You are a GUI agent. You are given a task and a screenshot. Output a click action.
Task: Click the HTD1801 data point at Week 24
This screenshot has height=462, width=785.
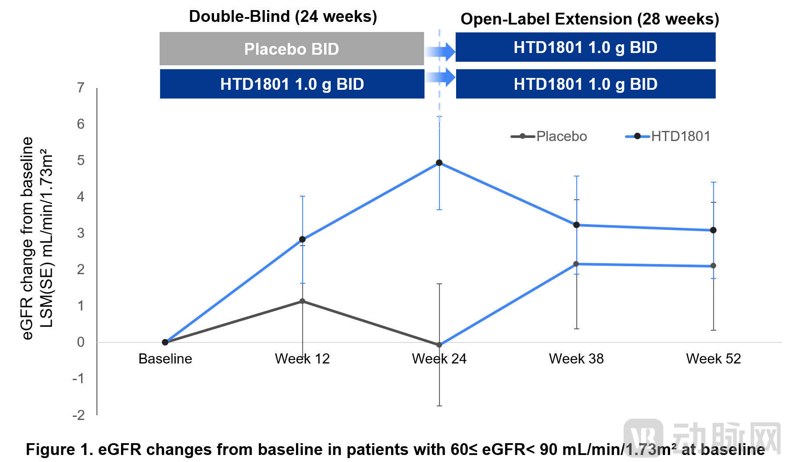pos(439,163)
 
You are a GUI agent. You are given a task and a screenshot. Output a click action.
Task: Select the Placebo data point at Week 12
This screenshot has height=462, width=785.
pos(302,301)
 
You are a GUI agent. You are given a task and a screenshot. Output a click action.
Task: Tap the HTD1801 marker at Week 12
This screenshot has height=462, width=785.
pos(302,240)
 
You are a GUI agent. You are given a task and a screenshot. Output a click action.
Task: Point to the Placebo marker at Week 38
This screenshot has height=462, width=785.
pos(576,264)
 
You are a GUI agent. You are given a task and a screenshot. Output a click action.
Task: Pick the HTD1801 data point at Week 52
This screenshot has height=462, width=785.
pos(713,230)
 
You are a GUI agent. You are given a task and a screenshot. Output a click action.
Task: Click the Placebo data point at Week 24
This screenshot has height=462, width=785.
pos(439,345)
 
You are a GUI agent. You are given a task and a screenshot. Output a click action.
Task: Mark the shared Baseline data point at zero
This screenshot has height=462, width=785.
pos(165,342)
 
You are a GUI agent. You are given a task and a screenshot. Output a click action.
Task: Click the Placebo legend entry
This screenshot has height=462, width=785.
pos(549,136)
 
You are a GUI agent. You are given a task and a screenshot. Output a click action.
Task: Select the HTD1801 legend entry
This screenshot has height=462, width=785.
pos(667,136)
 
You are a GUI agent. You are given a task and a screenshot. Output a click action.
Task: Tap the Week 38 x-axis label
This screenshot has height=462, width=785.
pos(576,359)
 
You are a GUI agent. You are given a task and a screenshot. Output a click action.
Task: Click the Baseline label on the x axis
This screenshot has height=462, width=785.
pos(165,359)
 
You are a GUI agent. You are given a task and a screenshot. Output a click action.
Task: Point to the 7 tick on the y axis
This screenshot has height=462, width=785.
pos(81,88)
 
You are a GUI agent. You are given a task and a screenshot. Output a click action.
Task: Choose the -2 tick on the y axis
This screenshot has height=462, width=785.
pos(78,415)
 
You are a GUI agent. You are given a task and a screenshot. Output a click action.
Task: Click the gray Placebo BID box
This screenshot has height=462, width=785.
pos(292,49)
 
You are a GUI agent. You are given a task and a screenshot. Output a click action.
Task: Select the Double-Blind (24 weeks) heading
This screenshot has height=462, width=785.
pos(283,17)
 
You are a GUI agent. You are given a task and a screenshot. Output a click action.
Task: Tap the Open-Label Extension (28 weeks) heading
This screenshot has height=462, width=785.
pos(590,19)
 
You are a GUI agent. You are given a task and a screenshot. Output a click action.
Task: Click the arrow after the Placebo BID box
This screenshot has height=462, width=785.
pos(440,52)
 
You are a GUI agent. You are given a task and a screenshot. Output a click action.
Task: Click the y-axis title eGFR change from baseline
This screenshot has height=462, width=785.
pos(27,239)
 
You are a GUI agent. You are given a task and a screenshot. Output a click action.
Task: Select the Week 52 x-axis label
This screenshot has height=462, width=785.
pos(714,359)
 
